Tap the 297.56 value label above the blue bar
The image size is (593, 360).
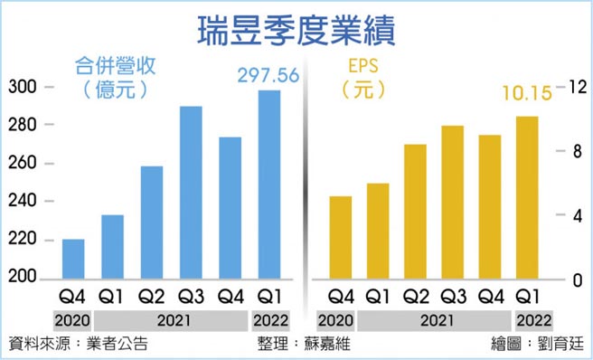point(268,75)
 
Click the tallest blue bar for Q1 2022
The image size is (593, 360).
point(269,185)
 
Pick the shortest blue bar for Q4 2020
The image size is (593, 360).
point(73,260)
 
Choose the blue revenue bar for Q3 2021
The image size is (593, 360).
point(190,194)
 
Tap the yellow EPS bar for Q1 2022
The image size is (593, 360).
point(526,198)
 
